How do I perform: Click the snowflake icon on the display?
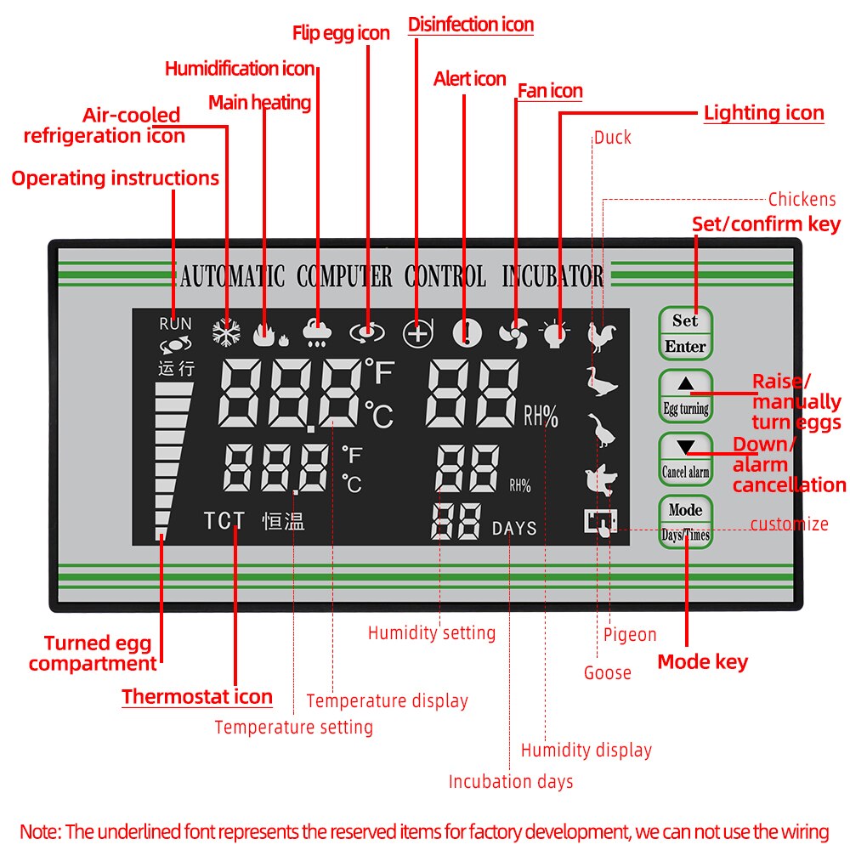(226, 334)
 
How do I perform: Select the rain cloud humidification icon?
(318, 334)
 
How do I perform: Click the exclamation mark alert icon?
(466, 334)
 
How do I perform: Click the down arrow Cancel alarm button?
(685, 458)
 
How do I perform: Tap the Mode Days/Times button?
(685, 522)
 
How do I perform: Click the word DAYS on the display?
(514, 529)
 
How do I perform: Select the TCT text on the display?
(224, 521)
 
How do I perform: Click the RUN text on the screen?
(175, 324)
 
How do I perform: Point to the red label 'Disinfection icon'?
(471, 25)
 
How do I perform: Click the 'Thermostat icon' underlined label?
(197, 697)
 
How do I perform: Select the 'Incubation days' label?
(511, 781)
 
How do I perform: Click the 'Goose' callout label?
(607, 673)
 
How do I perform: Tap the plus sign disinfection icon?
(417, 334)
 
